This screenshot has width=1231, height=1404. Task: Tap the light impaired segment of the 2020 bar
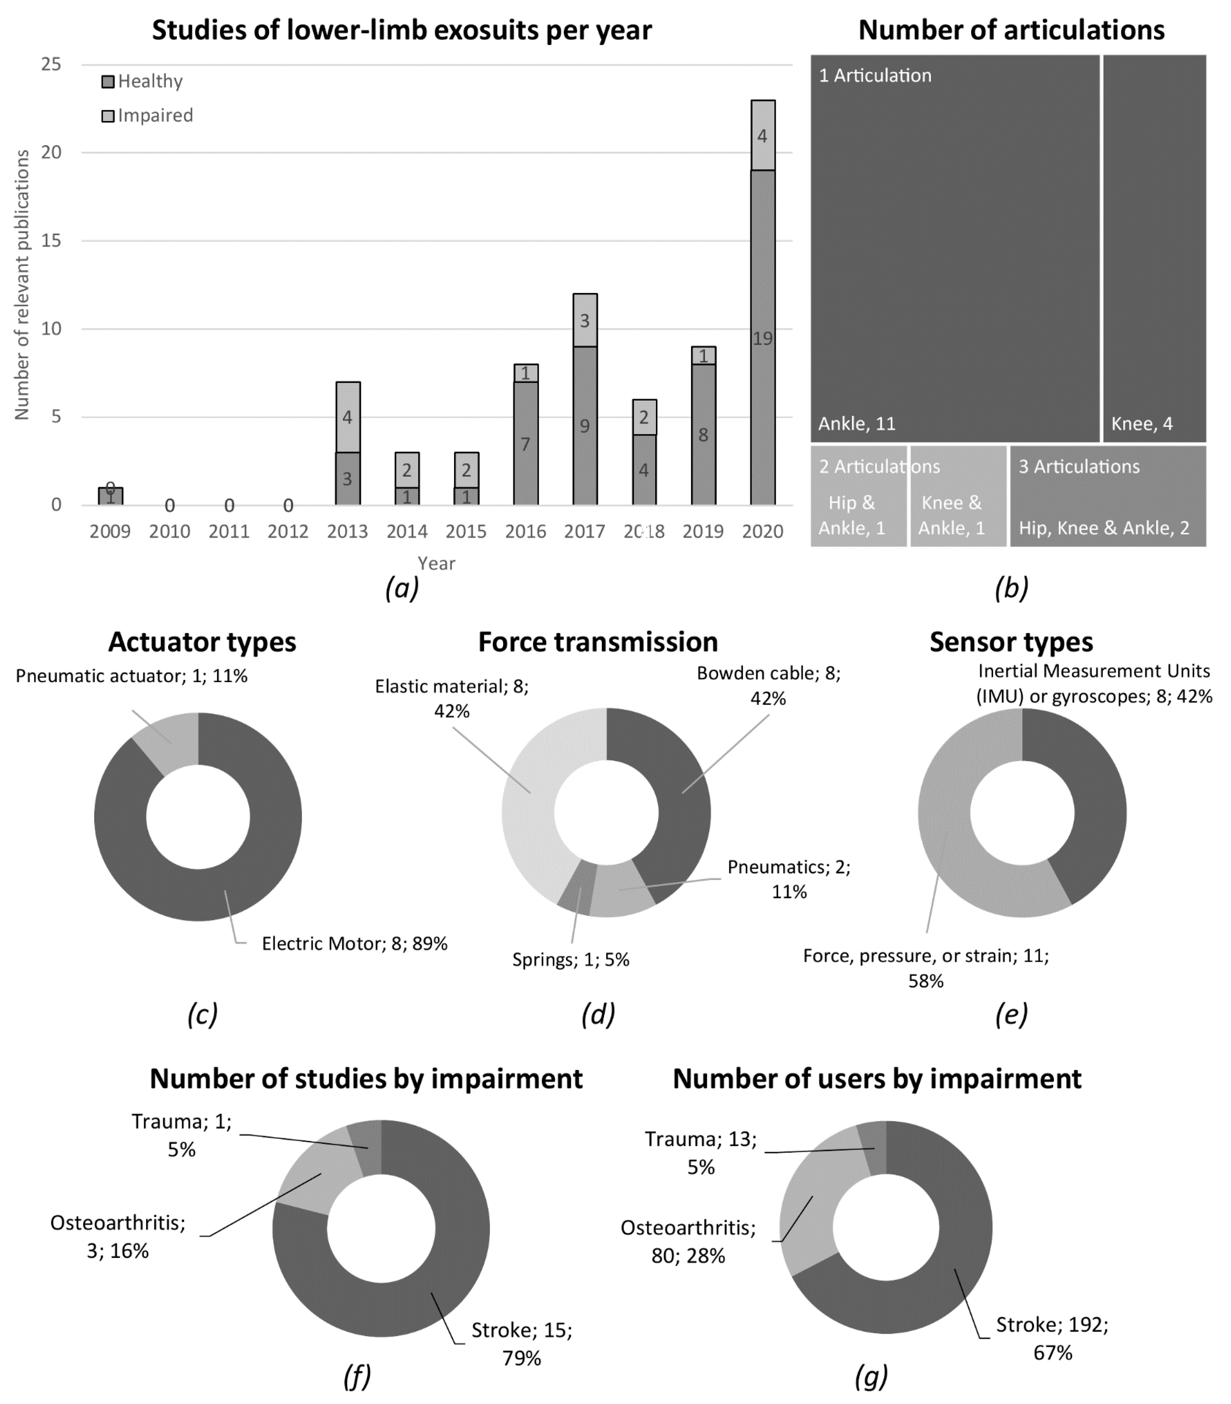(763, 135)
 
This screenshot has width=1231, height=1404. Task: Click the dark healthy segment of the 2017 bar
(585, 426)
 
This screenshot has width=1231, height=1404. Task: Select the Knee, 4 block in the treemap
(1154, 247)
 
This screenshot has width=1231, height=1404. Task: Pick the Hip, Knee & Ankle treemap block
(1107, 496)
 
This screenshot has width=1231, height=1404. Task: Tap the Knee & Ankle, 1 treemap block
(958, 496)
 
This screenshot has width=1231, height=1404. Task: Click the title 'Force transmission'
(598, 642)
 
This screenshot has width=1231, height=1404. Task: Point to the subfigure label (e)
(1011, 1014)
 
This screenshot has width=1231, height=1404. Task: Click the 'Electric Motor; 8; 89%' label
(354, 944)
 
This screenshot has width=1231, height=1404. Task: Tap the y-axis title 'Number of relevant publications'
(22, 285)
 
